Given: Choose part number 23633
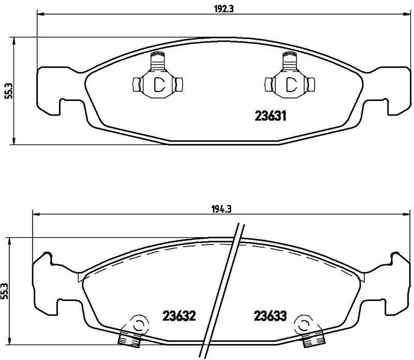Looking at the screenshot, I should pos(270,315).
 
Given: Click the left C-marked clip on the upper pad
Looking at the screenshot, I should pos(157,83).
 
